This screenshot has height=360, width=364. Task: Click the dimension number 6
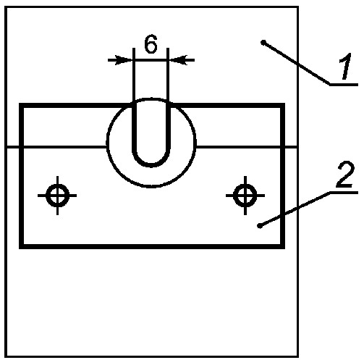[151, 43]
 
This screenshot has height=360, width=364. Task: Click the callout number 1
[345, 66]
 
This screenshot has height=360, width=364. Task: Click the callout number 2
[345, 175]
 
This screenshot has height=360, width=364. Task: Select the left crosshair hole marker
[57, 196]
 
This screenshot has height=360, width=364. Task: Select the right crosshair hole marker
[245, 196]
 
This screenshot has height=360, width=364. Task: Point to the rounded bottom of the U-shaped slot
[151, 165]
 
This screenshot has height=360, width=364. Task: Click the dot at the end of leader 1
[263, 43]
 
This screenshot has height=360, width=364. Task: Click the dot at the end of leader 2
[260, 226]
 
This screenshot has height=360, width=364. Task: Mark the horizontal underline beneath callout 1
[344, 85]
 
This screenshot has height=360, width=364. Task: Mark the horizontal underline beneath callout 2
[344, 193]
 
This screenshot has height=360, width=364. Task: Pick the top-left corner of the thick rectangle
[21, 105]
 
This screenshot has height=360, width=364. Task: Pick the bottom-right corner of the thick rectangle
[282, 246]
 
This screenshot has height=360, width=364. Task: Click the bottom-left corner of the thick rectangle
[21, 246]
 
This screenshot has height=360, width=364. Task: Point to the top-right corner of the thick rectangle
[282, 105]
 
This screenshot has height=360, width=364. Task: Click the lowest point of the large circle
[151, 187]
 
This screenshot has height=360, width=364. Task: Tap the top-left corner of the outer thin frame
[6, 7]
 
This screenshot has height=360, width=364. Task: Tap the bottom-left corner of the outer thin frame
[6, 356]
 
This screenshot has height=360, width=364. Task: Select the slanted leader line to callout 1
[297, 64]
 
